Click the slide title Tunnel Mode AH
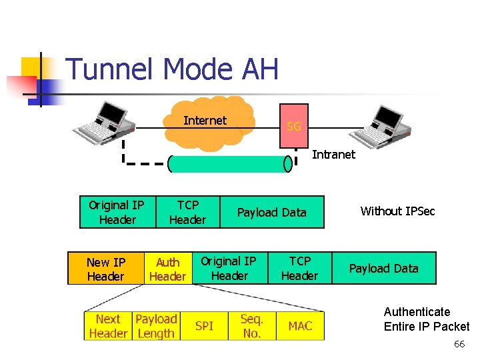point(172,69)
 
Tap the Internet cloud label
point(205,121)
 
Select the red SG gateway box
point(293,125)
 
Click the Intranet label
point(333,155)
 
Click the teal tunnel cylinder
point(230,164)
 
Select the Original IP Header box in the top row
point(117,212)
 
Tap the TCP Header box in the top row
point(187,212)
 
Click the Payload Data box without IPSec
point(272,212)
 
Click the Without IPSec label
point(397,211)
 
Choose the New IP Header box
point(106,268)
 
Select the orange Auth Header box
point(167,269)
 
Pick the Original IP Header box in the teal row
point(229,268)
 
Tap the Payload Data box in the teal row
point(384,268)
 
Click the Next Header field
point(108,326)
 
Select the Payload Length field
point(156,326)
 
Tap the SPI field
point(204,326)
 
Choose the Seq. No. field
point(252,326)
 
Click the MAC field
point(300,326)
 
